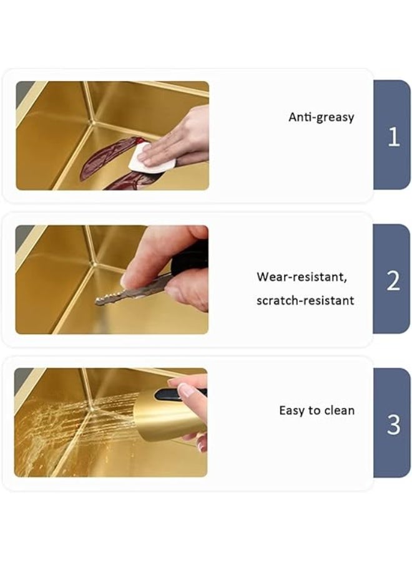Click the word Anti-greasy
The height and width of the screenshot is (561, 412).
(321, 117)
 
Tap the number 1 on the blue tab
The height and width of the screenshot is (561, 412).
(393, 137)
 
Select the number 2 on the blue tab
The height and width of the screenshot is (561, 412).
(393, 281)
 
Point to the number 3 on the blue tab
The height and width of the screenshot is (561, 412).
(393, 424)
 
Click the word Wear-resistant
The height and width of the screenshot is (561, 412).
(302, 277)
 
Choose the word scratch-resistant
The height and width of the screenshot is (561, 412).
(305, 300)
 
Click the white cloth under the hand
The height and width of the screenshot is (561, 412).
(151, 158)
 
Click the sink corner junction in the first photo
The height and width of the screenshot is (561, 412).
(94, 123)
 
